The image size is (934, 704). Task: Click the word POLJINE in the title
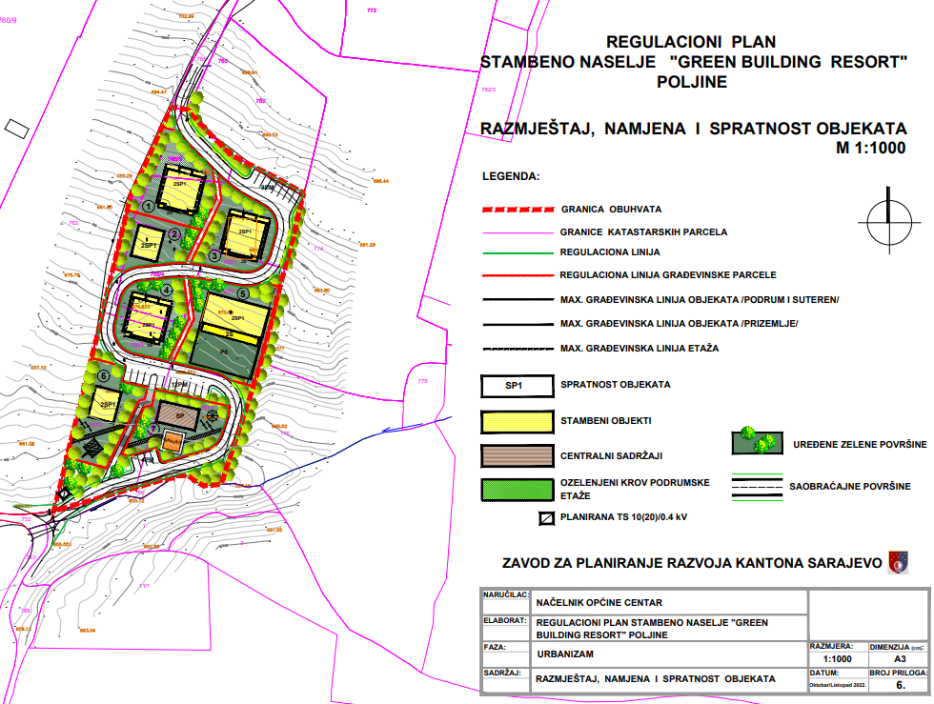coord(692,82)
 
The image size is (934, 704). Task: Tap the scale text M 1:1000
coord(870,148)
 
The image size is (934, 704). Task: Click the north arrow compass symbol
coord(887,221)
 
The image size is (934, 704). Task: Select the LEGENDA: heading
coord(510,177)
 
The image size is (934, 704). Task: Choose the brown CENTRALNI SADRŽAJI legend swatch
coord(518,454)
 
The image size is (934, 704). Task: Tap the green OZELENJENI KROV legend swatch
coord(518,489)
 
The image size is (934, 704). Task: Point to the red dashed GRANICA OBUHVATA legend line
coord(518,209)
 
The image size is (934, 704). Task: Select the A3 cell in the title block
coord(899,658)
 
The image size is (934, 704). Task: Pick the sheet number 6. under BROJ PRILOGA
coord(899,684)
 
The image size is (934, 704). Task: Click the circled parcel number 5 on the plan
coord(243,294)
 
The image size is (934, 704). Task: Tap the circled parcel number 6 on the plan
coord(103,375)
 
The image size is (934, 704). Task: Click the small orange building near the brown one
coord(173,441)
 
